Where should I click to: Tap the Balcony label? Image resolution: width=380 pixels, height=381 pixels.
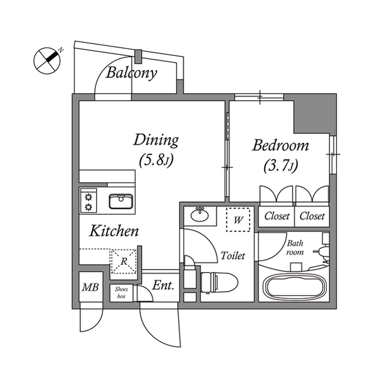tap(132, 73)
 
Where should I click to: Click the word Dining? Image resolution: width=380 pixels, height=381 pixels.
tap(156, 140)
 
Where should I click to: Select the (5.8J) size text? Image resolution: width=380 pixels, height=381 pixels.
tap(156, 160)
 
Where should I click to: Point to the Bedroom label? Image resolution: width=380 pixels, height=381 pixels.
tap(280, 145)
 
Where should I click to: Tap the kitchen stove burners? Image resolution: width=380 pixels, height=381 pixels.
tap(89, 201)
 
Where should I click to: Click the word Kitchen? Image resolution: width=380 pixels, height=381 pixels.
tap(115, 231)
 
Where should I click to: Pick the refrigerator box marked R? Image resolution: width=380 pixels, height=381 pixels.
tap(124, 261)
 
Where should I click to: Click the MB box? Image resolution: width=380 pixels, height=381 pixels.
tap(90, 288)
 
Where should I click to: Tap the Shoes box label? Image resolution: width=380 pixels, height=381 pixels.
tap(121, 292)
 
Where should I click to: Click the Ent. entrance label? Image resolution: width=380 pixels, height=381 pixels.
tap(162, 286)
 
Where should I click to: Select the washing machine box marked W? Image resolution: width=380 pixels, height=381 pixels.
tap(240, 220)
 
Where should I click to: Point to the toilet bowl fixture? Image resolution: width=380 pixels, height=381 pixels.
tap(219, 280)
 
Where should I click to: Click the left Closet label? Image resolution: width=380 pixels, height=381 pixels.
tap(277, 216)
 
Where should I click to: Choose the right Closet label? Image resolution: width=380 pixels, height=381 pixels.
tap(313, 216)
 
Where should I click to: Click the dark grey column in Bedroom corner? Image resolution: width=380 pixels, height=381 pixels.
tap(315, 112)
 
